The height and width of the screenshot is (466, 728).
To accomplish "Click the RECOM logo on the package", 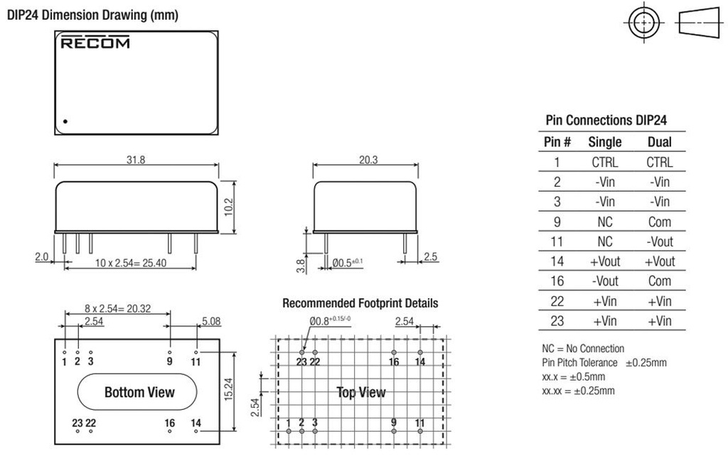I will click(x=95, y=43).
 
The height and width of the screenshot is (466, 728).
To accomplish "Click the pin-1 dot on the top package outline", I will click(x=65, y=121).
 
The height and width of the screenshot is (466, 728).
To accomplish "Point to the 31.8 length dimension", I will click(x=136, y=161).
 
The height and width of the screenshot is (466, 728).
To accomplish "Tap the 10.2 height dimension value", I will click(x=230, y=206).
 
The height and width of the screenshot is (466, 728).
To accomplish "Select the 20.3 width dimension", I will click(x=368, y=161).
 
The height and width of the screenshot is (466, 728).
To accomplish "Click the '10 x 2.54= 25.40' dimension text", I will click(x=130, y=264).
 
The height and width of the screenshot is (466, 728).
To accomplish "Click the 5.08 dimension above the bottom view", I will click(x=211, y=322).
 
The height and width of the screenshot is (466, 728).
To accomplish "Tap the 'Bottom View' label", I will click(x=139, y=392).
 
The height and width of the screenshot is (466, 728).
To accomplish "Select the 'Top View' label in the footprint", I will click(x=361, y=393).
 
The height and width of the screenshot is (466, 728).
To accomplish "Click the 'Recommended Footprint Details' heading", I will click(x=360, y=303).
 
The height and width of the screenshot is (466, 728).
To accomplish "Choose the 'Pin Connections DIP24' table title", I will click(x=606, y=121).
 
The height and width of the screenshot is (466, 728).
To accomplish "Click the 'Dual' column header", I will click(x=659, y=142).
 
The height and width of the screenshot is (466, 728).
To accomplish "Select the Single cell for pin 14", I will click(x=604, y=261).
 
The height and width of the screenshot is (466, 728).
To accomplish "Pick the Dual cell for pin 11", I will click(x=659, y=242).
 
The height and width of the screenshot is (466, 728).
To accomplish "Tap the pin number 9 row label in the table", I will click(x=557, y=222).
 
